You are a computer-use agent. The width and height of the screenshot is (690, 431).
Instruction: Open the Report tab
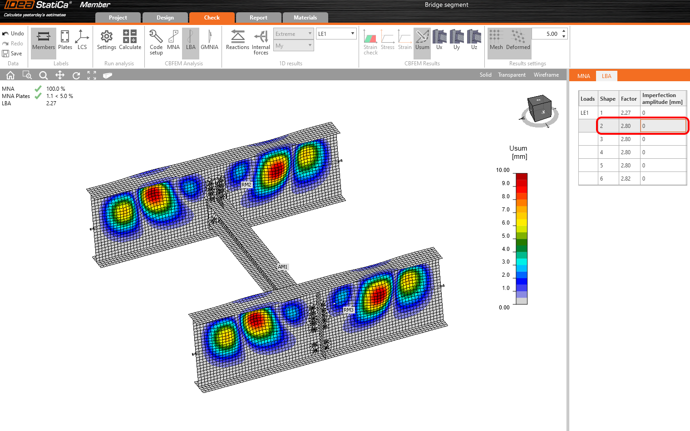[258, 18]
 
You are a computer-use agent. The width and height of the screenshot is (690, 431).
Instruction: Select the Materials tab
[305, 18]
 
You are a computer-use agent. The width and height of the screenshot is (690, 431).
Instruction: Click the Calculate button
[130, 40]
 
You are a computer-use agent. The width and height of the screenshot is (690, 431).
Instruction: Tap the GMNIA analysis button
[209, 40]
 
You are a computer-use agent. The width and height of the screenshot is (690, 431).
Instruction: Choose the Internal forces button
[261, 43]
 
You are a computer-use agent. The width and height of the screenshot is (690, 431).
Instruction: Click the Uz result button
[474, 40]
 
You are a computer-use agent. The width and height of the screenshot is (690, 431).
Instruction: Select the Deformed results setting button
[518, 40]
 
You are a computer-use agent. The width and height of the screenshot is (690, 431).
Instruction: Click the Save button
[12, 54]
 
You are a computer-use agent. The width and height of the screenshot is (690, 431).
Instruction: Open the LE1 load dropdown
[336, 34]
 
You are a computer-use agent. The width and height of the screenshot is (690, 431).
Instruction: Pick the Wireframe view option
[546, 75]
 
